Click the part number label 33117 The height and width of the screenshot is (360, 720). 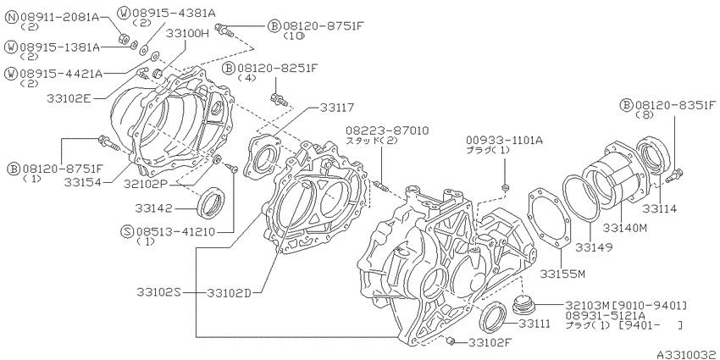pos(337,108)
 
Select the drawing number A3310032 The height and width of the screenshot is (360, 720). pos(687,355)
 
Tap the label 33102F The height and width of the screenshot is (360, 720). pos(490,342)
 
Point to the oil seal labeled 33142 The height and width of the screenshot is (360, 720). pos(211,202)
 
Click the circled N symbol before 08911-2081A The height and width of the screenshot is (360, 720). pos(12,18)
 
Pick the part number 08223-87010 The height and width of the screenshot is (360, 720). pos(388,130)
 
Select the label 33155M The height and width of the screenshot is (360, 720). pos(562,274)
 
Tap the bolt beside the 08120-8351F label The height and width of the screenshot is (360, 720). pos(674,175)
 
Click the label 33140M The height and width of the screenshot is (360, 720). pos(625,228)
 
